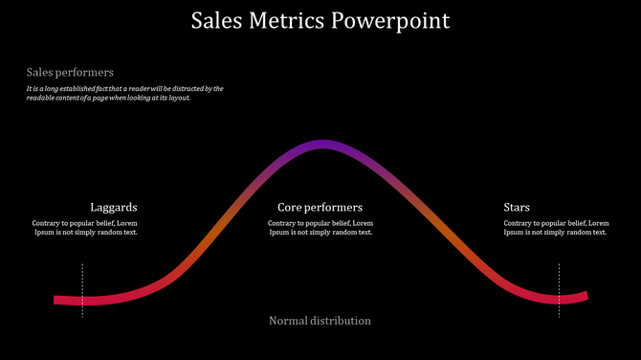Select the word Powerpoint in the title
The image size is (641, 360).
(390, 21)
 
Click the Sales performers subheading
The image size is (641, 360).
(70, 72)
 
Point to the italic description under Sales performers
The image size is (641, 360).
(124, 93)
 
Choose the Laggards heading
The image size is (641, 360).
(114, 207)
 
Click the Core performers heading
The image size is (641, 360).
(320, 207)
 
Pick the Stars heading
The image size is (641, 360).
(517, 207)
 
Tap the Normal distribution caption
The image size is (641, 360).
(320, 321)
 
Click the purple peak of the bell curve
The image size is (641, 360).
(320, 145)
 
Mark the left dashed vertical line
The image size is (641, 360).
(82, 289)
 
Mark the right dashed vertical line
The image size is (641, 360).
(560, 289)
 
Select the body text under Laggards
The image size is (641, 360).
(85, 228)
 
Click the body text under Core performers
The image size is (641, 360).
(320, 228)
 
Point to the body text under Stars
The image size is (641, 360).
(556, 228)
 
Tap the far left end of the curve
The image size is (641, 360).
(57, 300)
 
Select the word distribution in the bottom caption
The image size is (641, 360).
(341, 321)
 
